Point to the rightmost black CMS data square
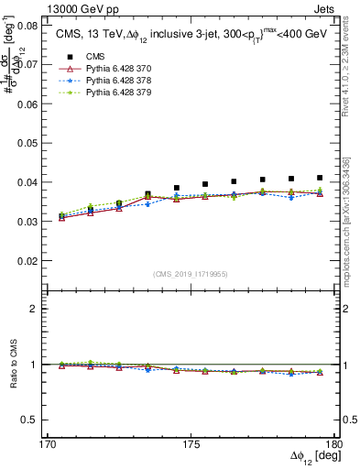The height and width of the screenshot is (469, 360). [x=320, y=178]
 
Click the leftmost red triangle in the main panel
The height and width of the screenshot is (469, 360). [x=61, y=218]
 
